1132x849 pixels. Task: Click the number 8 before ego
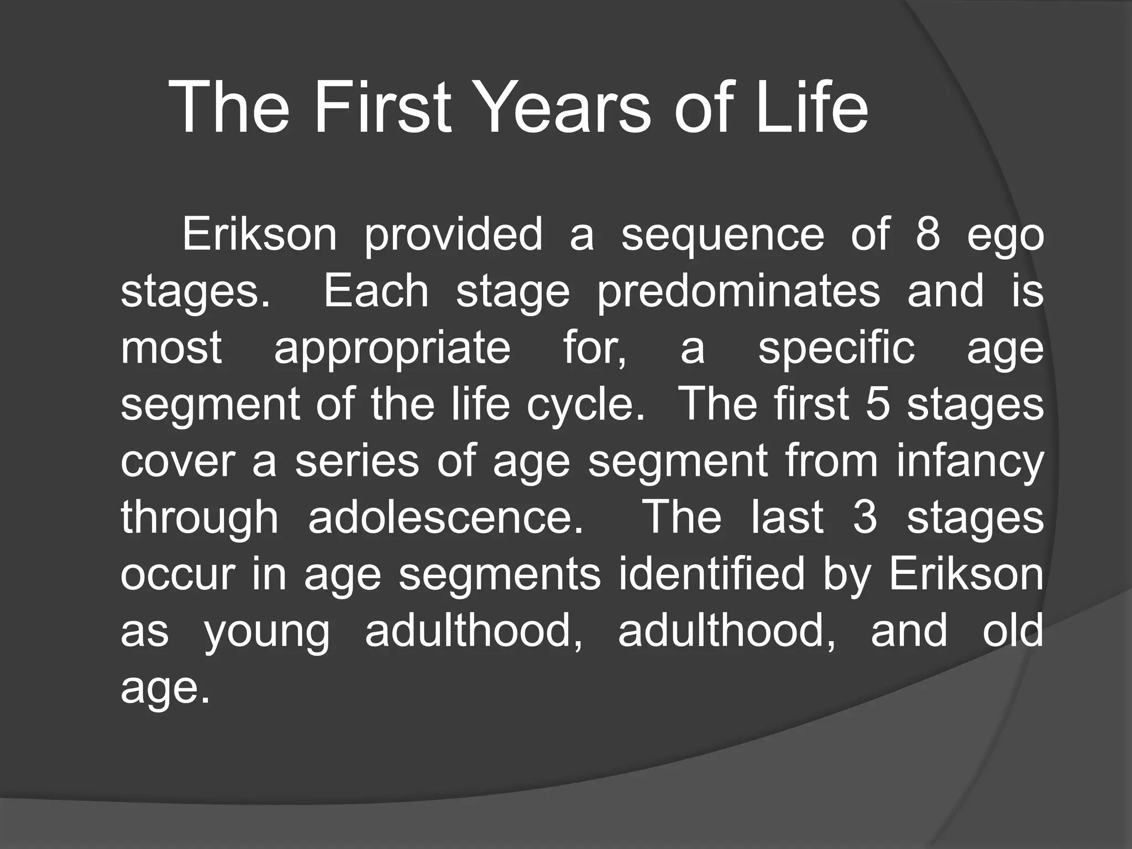(x=927, y=234)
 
